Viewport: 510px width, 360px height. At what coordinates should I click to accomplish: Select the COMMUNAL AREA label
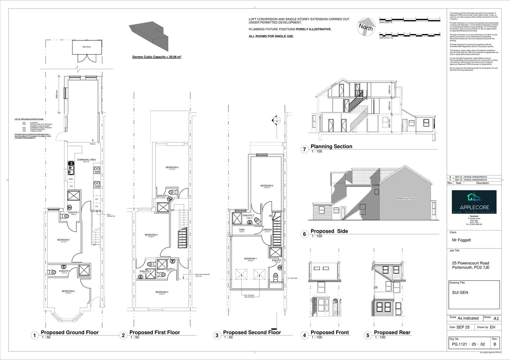coord(86,160)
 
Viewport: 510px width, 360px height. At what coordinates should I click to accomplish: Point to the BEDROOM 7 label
coord(63,240)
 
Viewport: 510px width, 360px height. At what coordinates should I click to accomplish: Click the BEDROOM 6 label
coord(68,291)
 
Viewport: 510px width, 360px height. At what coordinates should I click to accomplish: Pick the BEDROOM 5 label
coord(172,168)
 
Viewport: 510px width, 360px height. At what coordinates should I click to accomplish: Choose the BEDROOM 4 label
coord(151,235)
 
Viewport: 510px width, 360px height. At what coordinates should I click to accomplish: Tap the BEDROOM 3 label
coord(162,292)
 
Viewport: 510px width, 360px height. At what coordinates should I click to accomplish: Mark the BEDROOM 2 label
coord(267,186)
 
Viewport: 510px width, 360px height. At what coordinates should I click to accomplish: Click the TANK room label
coord(242,230)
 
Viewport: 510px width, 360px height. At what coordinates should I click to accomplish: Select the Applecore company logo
coord(474,202)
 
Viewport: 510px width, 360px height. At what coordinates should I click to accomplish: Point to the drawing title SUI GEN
coord(460,292)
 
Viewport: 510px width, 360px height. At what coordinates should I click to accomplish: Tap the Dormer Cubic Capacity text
coord(157,57)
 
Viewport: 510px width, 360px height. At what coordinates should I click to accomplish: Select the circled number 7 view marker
coord(304,149)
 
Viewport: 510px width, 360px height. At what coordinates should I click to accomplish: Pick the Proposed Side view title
coord(329,231)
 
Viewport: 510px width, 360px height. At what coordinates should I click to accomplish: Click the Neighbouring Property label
coord(406,198)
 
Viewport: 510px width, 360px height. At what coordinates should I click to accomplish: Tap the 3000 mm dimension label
coord(57,95)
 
